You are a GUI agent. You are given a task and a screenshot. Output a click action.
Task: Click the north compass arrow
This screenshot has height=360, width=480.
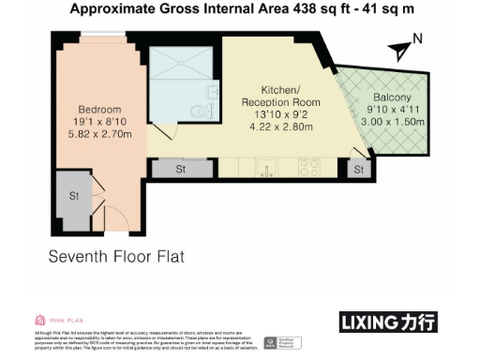(x=401, y=44)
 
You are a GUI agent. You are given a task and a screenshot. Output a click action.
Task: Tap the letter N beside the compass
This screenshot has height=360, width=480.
(x=418, y=38)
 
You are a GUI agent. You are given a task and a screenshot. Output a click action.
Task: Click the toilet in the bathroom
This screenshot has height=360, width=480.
(x=195, y=112)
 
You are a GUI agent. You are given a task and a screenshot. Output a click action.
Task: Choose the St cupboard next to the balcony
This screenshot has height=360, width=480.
(x=357, y=170)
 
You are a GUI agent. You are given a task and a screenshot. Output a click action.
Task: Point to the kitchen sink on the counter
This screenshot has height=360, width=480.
(x=269, y=170)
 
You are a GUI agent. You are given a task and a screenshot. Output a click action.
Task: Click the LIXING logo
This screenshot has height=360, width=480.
(x=385, y=322)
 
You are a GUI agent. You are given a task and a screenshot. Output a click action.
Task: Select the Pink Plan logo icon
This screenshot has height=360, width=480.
(x=40, y=320)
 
